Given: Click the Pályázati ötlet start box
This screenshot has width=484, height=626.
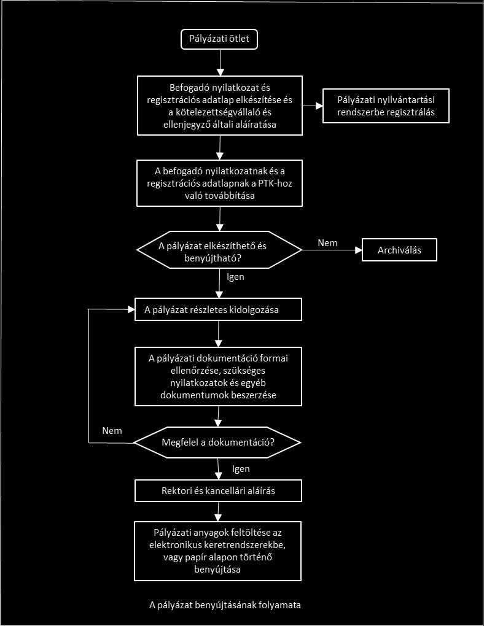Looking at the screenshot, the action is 219,39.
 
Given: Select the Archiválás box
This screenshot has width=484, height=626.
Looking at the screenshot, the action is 399,250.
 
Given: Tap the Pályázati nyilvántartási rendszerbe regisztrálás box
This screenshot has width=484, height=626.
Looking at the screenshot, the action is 386,106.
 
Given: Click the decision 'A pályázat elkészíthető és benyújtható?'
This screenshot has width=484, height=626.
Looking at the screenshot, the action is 219,250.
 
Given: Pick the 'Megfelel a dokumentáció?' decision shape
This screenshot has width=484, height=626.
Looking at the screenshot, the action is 217,442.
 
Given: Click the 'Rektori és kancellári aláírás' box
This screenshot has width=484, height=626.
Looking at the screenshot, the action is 218,490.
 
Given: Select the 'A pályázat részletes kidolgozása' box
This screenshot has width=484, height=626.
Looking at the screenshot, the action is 218,309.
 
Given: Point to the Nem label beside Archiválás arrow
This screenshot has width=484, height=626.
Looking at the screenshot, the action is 327,243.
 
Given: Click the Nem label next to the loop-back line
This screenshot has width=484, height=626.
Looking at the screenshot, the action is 112,430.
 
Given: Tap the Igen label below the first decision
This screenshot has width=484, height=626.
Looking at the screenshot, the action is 235,277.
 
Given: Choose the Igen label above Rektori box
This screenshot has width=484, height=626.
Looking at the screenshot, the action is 241,469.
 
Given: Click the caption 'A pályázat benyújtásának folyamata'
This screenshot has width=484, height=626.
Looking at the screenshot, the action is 225,605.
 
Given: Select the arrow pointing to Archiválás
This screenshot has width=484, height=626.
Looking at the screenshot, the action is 332,250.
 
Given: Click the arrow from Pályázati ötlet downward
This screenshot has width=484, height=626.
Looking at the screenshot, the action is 220,63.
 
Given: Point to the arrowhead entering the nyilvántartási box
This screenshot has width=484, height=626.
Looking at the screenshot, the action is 319,106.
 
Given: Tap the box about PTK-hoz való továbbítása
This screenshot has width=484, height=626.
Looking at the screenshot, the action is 219,184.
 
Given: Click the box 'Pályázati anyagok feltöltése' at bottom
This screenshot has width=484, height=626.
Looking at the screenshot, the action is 218,551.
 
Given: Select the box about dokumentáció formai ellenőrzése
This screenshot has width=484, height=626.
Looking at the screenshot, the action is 218,376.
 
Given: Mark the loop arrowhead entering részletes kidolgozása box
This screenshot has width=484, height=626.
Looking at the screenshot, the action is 131,309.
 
